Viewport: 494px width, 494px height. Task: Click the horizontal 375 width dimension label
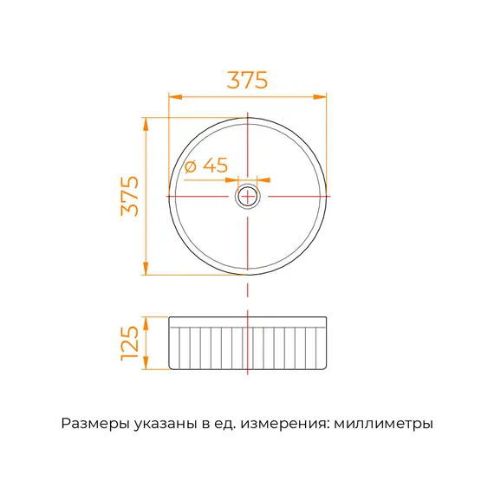[247, 80]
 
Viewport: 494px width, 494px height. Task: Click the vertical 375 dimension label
[130, 196]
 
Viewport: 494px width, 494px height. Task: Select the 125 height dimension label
[130, 343]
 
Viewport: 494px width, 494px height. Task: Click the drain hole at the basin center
[248, 196]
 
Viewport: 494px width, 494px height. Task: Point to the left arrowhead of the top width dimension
[176, 97]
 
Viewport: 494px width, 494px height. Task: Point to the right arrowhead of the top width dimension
[320, 97]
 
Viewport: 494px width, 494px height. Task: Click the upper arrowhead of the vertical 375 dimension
[146, 125]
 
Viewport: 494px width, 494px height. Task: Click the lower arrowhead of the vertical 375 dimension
[146, 268]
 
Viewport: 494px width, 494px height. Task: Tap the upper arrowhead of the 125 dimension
[146, 323]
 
